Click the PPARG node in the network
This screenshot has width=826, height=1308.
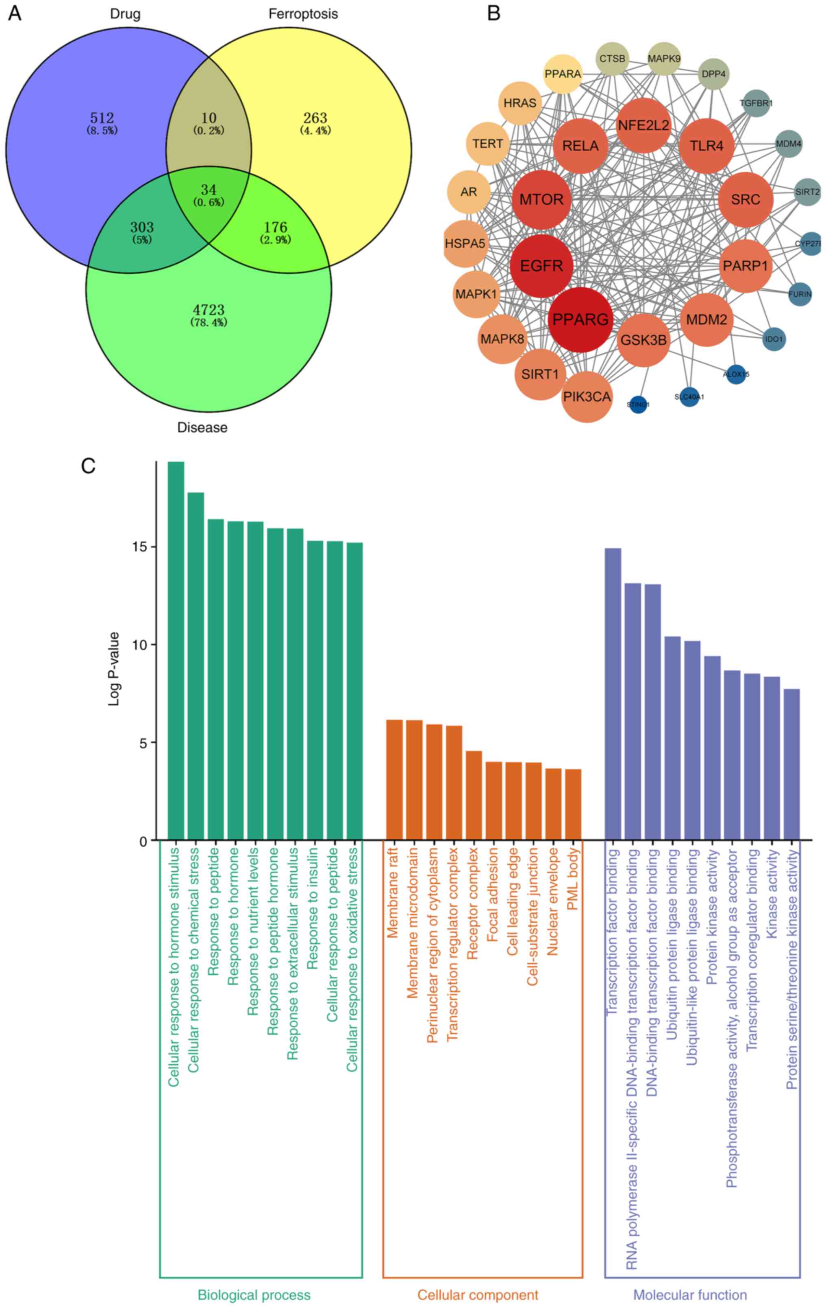click(580, 320)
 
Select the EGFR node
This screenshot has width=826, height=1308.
click(541, 266)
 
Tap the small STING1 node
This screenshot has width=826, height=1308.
click(638, 404)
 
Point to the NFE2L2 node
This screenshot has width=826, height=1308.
click(643, 125)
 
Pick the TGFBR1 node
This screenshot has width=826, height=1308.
click(756, 103)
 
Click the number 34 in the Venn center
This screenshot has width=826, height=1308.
click(209, 190)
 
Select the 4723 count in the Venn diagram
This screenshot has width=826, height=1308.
click(209, 310)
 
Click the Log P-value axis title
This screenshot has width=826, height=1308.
click(113, 669)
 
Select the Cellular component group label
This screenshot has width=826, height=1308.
click(478, 1295)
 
